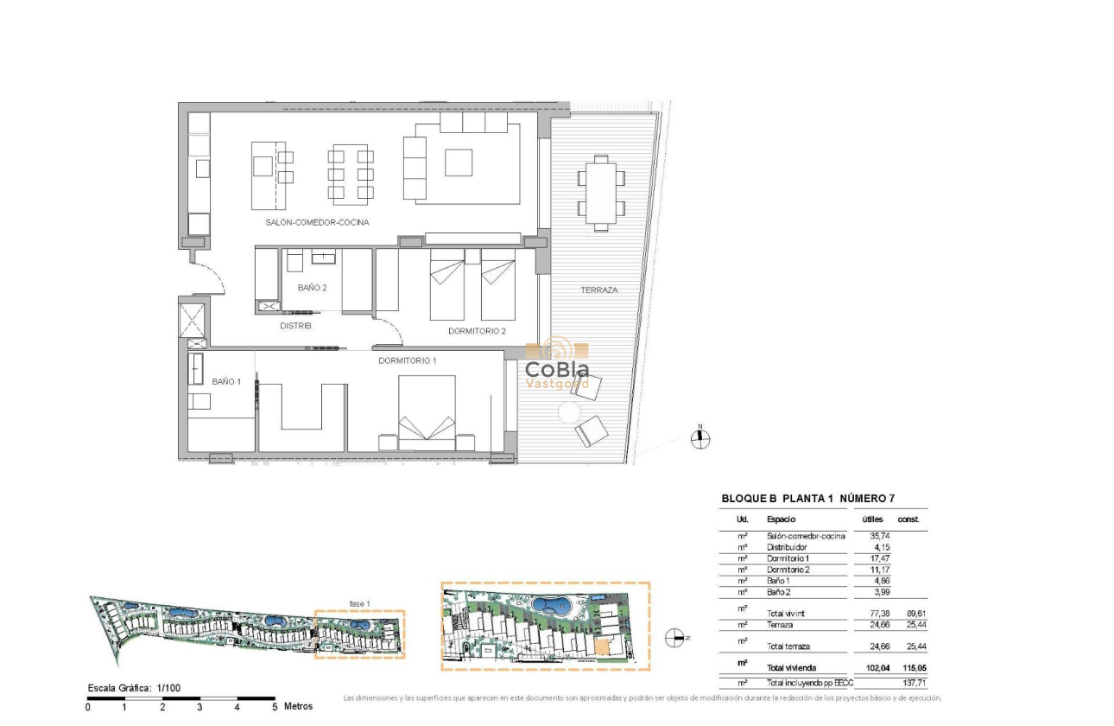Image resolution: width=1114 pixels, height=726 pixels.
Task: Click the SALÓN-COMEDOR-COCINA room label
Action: coord(317,222)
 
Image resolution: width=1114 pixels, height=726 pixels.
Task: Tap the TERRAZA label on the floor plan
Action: coord(598,290)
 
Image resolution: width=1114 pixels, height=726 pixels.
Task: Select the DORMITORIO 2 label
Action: coord(477,331)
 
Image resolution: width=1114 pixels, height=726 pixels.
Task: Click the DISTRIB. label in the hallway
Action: coord(296,326)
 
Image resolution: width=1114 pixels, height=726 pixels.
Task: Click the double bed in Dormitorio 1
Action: coord(426,413)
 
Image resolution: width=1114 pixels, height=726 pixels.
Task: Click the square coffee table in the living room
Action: coord(459,162)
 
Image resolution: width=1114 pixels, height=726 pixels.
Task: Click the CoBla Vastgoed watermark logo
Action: coord(557,365)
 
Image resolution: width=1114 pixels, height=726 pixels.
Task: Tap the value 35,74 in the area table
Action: coord(877,536)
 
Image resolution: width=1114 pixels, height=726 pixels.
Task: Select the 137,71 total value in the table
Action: coord(915,683)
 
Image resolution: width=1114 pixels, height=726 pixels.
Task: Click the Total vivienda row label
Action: coord(791,668)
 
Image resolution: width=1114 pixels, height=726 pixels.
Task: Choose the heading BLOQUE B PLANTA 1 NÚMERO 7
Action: coord(807,500)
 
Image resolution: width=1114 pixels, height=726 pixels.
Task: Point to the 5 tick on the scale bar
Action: coord(275,707)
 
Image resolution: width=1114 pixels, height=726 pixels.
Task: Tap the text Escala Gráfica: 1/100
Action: coord(134,688)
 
